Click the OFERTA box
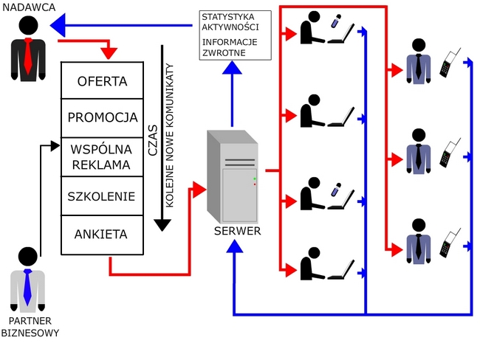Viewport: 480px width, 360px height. pos(102,81)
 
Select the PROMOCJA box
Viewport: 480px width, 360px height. pos(102,118)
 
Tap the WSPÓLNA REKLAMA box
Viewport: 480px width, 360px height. pos(102,156)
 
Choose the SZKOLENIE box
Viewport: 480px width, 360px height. pos(102,196)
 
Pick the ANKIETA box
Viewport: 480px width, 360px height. pos(102,235)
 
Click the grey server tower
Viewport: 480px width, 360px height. pos(233,177)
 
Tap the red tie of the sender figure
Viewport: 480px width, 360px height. pos(28,55)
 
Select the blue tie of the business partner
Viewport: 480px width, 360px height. pos(27,286)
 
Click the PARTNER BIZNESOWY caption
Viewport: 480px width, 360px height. pos(30,327)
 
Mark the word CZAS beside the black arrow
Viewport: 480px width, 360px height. pos(153,138)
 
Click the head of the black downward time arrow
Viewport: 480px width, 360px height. pos(162,225)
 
